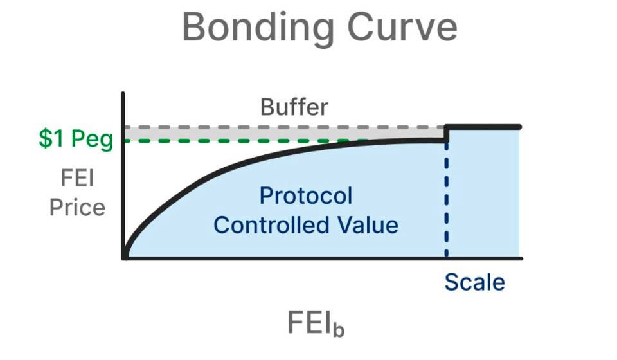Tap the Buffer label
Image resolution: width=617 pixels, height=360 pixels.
pos(294,107)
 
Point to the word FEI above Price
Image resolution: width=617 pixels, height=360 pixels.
pos(77,178)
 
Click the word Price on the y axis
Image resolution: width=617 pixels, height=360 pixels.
pos(77,208)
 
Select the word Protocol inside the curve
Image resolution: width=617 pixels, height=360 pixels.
pos(305,195)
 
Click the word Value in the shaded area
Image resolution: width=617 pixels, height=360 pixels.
pos(372,225)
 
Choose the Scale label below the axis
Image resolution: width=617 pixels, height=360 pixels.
pos(474,282)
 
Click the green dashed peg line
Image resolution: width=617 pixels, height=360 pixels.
pos(238,140)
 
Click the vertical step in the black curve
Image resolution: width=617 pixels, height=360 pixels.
pos(446,134)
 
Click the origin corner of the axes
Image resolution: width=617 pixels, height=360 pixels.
pos(123,258)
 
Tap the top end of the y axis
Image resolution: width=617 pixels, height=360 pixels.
pos(122,95)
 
